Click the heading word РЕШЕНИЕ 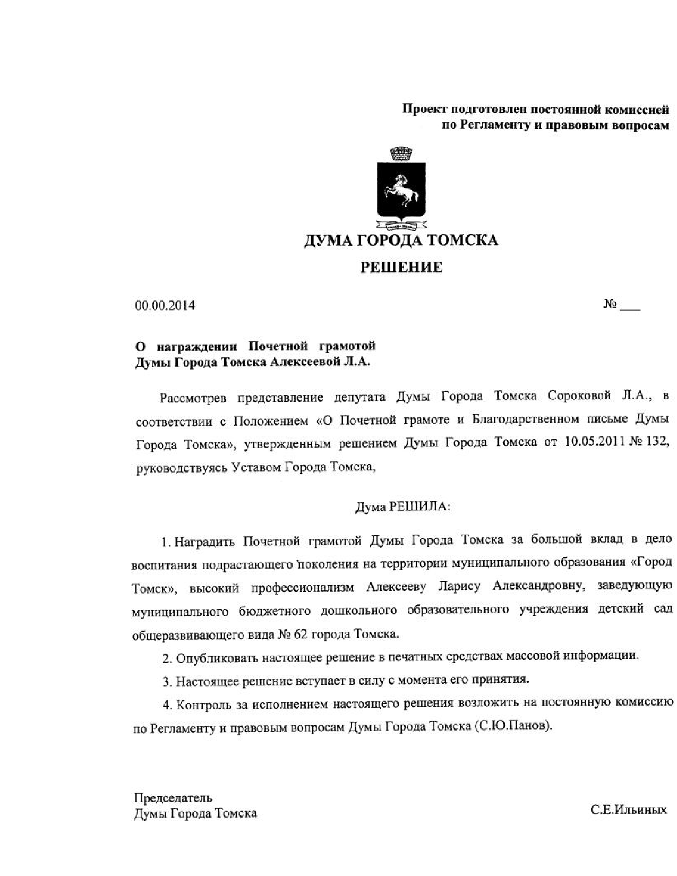[401, 268]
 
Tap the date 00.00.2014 [165, 306]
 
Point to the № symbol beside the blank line [610, 305]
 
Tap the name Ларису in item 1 [459, 586]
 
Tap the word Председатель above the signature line [173, 798]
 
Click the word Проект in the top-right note [424, 110]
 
